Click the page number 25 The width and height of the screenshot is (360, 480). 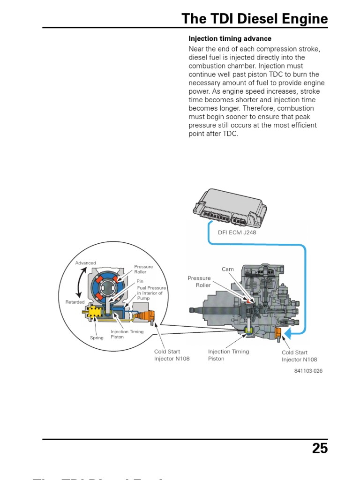(320, 449)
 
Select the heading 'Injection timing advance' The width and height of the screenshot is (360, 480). (230, 38)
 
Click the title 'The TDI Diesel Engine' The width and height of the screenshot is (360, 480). (255, 19)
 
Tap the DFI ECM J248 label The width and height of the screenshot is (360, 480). (237, 232)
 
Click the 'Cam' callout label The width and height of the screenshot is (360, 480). (228, 269)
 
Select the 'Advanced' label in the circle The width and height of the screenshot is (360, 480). (85, 263)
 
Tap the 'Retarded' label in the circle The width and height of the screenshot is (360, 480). (75, 302)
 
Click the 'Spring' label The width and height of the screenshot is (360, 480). (97, 337)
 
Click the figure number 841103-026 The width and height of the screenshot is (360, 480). (308, 371)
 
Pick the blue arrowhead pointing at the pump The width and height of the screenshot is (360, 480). (288, 333)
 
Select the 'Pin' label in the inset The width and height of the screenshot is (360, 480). (140, 281)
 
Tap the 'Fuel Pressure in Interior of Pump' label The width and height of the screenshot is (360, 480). (151, 293)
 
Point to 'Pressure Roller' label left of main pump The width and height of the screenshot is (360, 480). (199, 281)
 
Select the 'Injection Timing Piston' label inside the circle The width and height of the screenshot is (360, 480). (127, 334)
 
